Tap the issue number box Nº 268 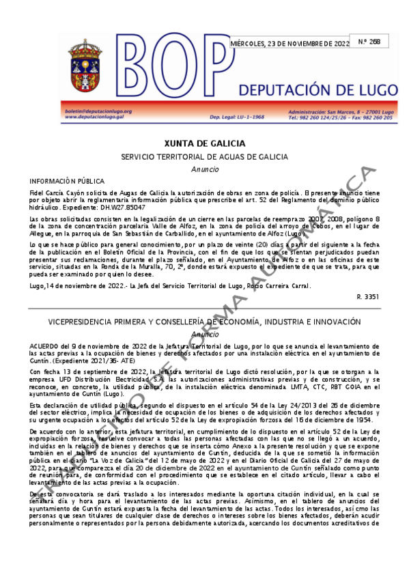pyautogui.click(x=369, y=41)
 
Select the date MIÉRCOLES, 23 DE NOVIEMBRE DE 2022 pyautogui.click(x=290, y=44)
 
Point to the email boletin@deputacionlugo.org pyautogui.click(x=98, y=111)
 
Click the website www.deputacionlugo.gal pyautogui.click(x=96, y=117)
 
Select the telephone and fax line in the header pyautogui.click(x=340, y=117)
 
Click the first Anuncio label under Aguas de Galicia pyautogui.click(x=204, y=169)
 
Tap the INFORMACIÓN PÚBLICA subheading pyautogui.click(x=63, y=181)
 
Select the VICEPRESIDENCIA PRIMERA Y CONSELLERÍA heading pyautogui.click(x=204, y=322)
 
